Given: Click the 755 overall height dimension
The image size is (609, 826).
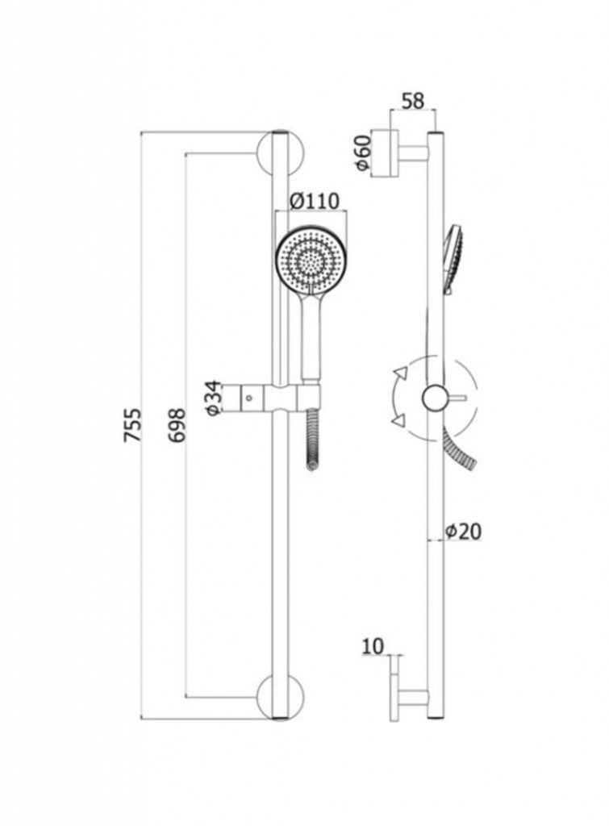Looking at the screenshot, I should click(133, 424).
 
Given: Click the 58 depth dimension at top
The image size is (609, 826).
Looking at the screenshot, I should click(412, 101).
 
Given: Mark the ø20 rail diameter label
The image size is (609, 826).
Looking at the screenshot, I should click(463, 531).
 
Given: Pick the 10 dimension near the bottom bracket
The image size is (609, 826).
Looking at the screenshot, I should click(373, 645).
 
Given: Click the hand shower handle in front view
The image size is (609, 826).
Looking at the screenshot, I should click(311, 335).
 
